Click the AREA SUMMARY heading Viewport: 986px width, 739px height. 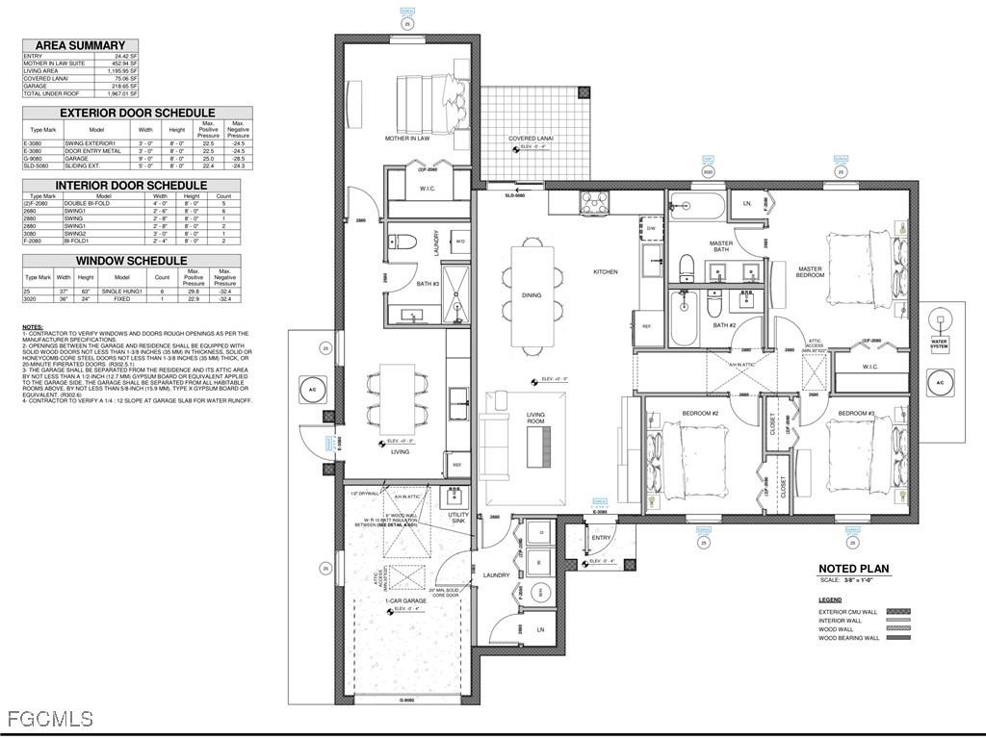pos(80,45)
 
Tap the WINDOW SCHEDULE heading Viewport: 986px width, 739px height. pos(131,261)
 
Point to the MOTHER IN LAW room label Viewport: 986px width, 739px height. pos(407,139)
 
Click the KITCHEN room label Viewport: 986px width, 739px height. pos(605,272)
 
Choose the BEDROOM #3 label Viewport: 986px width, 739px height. pos(856,413)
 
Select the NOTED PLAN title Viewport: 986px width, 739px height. pos(853,569)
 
